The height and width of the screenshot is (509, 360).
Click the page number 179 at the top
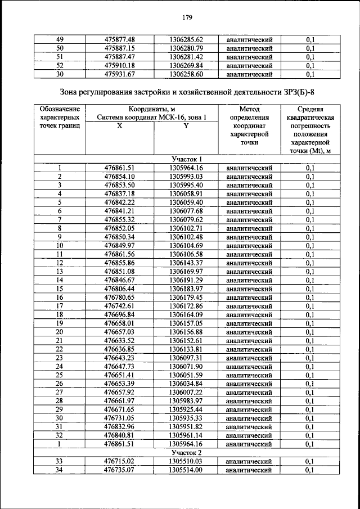[x=187, y=17]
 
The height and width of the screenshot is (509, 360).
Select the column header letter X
[x=119, y=127]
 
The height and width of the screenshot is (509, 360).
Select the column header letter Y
[x=186, y=127]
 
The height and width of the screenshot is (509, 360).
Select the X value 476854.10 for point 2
[x=119, y=177]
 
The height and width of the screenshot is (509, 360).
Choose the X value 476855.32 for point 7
[x=119, y=219]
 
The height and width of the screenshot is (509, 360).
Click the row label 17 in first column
[x=59, y=305]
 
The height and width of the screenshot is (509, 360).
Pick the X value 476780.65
[x=119, y=297]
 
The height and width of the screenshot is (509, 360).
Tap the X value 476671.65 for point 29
[x=119, y=409]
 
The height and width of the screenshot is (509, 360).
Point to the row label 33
[x=59, y=461]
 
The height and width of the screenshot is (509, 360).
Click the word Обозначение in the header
[x=59, y=109]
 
